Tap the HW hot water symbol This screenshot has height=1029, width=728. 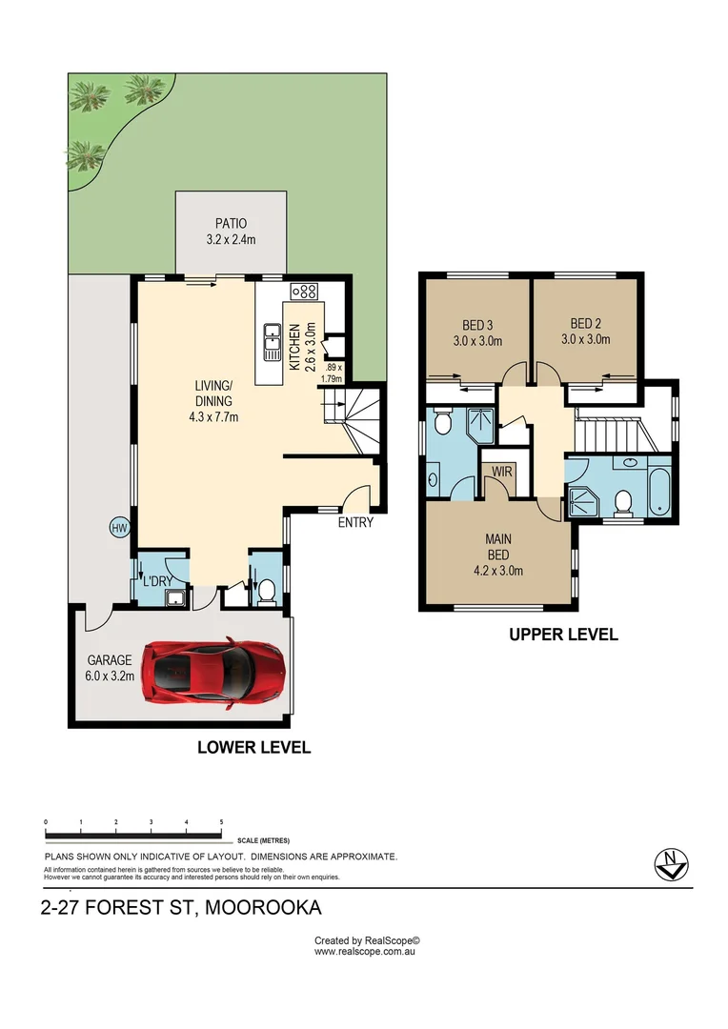point(119,528)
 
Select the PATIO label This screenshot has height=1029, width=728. point(230,225)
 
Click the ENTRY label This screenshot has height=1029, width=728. point(355,522)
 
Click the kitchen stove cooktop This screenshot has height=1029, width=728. point(305,292)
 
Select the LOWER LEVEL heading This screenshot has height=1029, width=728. point(253,748)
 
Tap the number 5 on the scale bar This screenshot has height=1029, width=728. point(221,821)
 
